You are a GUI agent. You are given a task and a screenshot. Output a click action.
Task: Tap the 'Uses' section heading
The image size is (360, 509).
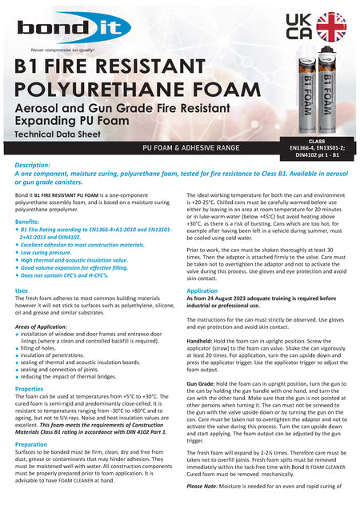coord(22,291)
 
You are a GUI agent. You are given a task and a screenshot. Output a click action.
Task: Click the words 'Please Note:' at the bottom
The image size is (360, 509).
coord(206,487)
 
